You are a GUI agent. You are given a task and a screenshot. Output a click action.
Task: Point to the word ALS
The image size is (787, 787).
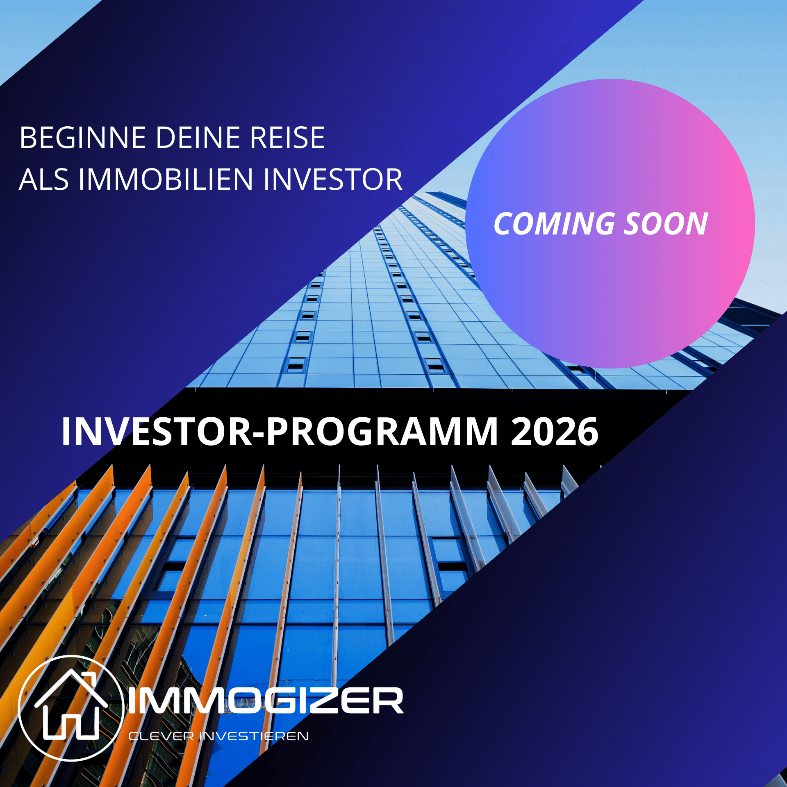click(44, 180)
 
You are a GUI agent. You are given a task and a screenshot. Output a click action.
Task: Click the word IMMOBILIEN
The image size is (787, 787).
click(166, 180)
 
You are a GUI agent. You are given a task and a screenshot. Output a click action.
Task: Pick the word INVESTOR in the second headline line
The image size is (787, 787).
click(333, 180)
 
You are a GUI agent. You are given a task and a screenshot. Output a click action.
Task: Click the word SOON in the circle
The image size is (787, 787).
click(666, 224)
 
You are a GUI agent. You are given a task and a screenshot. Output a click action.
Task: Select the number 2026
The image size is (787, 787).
click(555, 431)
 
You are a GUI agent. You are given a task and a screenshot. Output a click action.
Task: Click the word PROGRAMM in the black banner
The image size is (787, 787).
click(382, 431)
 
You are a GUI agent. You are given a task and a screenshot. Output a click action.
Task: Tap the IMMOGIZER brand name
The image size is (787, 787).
click(266, 701)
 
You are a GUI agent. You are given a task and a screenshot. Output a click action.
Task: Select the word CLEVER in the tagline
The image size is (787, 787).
click(161, 736)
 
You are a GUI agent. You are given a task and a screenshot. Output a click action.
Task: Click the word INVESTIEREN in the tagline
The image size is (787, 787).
click(254, 736)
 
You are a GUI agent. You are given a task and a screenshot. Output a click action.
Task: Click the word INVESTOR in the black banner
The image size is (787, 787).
click(157, 431)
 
